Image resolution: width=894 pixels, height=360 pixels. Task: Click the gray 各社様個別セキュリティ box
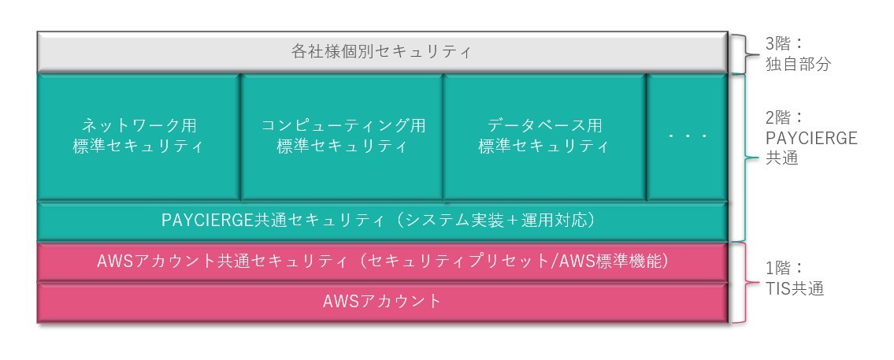coord(382,53)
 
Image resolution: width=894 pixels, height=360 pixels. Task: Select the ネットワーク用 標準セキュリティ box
coord(139,137)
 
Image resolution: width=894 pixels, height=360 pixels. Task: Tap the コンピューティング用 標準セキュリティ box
coord(342,137)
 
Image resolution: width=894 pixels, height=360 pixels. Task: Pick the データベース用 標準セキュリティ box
coord(544,137)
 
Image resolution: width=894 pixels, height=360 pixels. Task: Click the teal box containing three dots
coord(687,137)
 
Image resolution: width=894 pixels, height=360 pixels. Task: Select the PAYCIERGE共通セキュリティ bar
coord(382,221)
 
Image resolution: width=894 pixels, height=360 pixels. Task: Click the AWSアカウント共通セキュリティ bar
coord(382,262)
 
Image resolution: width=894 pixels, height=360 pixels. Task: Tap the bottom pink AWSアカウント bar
coord(382,302)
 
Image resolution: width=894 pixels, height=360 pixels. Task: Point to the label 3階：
coord(784,43)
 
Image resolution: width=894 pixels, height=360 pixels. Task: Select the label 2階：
coord(784,118)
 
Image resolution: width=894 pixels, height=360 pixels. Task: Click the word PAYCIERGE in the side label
coord(811,138)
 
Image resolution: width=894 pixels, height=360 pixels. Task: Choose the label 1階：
coord(784,268)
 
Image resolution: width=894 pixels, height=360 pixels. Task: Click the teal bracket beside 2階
coord(745,158)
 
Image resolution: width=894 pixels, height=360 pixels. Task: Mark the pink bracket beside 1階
coord(745,283)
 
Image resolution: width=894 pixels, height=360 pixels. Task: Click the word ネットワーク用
coord(139,125)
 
